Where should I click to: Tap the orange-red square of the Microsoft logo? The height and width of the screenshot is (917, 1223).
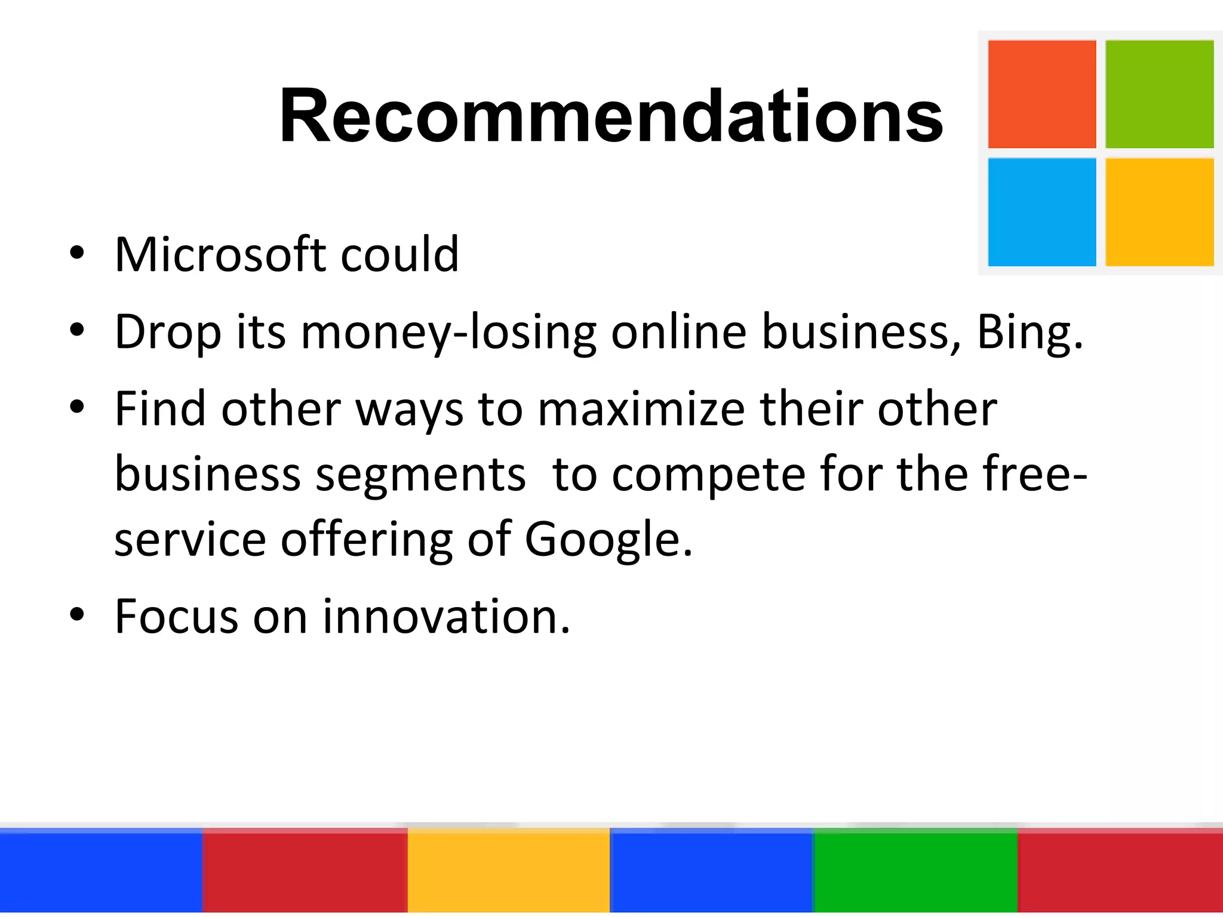click(1041, 94)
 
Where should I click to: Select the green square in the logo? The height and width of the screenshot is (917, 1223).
click(1159, 94)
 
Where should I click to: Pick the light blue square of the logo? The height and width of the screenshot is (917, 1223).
click(1041, 212)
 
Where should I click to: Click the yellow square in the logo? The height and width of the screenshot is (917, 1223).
click(1159, 212)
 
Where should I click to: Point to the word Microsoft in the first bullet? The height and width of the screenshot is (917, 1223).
click(220, 255)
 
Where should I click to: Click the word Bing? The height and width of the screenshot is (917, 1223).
click(1029, 333)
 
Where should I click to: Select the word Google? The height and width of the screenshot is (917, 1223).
click(608, 539)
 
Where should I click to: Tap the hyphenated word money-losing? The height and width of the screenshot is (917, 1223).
click(448, 333)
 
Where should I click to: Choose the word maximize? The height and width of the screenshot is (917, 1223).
click(641, 410)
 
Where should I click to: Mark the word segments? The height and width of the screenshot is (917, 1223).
click(420, 475)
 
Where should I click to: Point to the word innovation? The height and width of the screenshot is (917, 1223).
click(446, 616)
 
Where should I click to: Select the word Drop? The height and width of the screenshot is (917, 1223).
click(168, 333)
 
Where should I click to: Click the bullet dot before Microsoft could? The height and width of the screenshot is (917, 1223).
click(76, 253)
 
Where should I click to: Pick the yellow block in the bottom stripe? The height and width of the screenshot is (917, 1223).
click(508, 872)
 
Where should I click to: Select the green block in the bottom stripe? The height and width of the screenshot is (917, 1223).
click(915, 872)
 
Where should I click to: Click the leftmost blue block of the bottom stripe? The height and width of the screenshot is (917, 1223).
click(101, 872)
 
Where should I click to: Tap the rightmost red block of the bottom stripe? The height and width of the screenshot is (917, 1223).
click(1120, 872)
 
